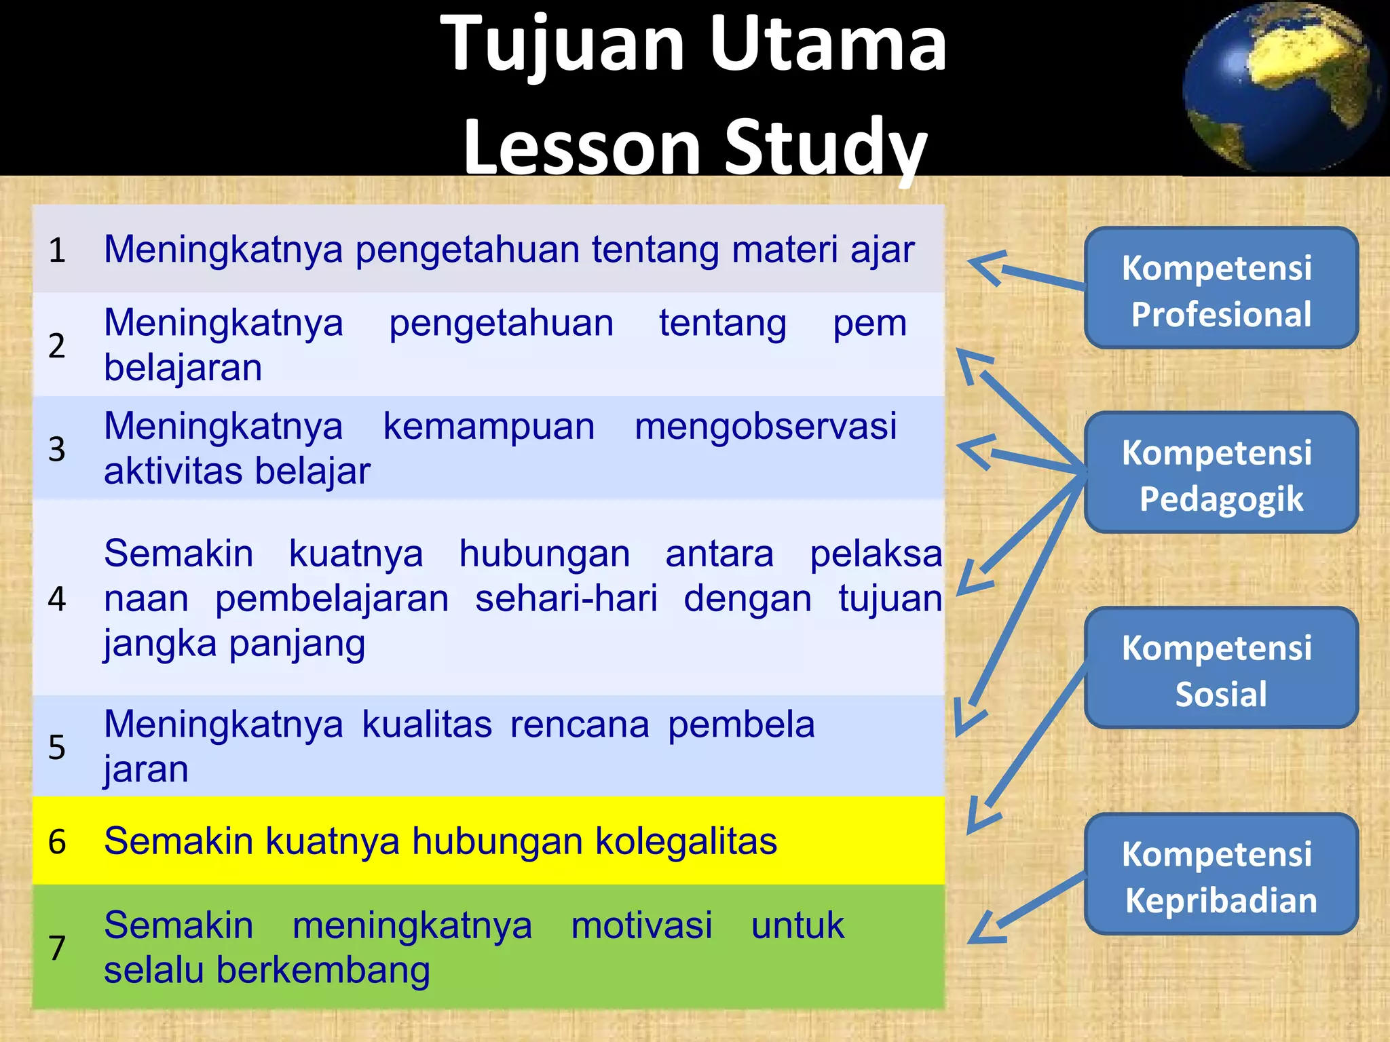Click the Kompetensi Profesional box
click(x=1220, y=288)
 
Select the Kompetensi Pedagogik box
click(x=1220, y=473)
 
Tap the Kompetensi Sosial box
click(x=1220, y=668)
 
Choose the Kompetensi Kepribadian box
click(x=1220, y=874)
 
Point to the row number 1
click(x=57, y=250)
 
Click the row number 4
click(x=57, y=599)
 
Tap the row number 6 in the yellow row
click(x=57, y=842)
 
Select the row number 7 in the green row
click(x=57, y=948)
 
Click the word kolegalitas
click(x=685, y=842)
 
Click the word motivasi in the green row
click(x=641, y=926)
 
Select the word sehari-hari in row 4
click(x=566, y=599)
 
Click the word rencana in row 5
click(x=580, y=725)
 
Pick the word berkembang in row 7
click(x=323, y=971)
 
